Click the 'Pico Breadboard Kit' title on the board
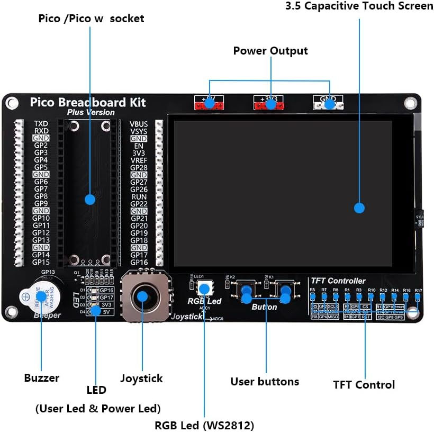coord(87,102)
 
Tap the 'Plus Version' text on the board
coord(91,112)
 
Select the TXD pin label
coord(41,123)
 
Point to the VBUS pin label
coord(139,124)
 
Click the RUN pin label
coord(139,196)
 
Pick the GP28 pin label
coord(139,167)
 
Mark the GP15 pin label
coord(41,262)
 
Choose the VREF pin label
coord(139,160)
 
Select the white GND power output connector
coord(328,105)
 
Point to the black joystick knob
coord(142,295)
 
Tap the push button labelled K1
coord(284,291)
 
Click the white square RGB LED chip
coord(204,289)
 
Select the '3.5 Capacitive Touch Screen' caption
coord(359,6)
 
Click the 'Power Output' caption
coord(270,51)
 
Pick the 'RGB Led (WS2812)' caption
coord(204,425)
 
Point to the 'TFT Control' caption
coord(364,385)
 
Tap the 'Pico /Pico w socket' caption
coord(91,19)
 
